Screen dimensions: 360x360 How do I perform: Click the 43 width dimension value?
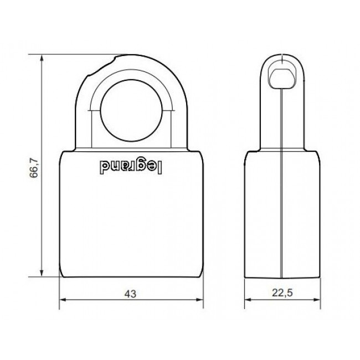coord(130,294)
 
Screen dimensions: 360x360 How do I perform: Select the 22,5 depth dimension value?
coord(282,293)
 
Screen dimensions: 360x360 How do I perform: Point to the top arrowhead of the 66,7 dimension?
coord(42,58)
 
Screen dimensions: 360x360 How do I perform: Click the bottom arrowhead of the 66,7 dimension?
coord(42,273)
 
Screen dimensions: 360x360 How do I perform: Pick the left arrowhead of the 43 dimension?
coord(63,300)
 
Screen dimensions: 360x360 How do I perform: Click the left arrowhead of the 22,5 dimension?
coord(248,300)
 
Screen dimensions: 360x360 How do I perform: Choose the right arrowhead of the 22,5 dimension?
coord(317,300)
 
